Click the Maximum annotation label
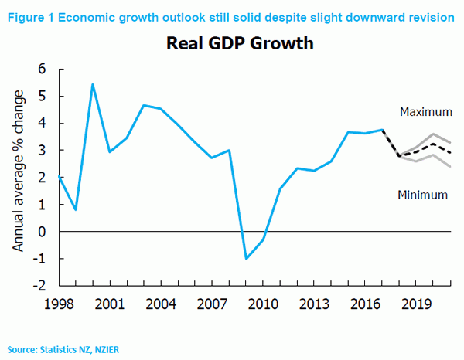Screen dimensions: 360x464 coord(425,112)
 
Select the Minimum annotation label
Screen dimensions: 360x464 coord(422,195)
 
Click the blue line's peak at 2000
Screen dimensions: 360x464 coord(93,84)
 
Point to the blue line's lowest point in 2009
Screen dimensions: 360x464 coord(246,258)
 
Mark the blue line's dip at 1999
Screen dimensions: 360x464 coord(76,209)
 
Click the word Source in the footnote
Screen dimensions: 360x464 coord(22,349)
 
